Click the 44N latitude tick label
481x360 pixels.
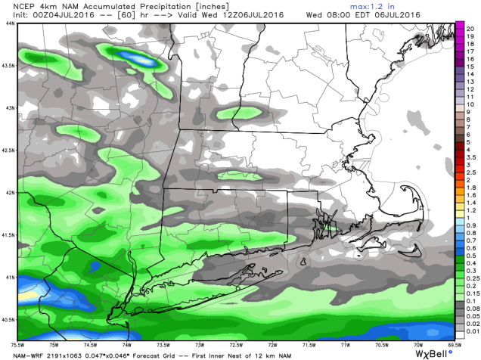pyautogui.click(x=10, y=23)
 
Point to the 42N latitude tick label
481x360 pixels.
pyautogui.click(x=10, y=192)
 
